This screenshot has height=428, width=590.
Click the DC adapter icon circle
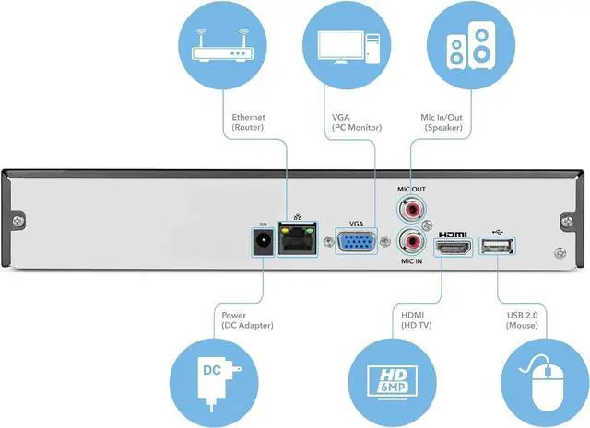pyautogui.click(x=214, y=375)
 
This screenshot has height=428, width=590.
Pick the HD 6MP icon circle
pyautogui.click(x=395, y=375)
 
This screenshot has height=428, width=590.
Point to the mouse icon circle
pyautogui.click(x=543, y=375)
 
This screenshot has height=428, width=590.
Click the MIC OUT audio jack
pyautogui.click(x=414, y=210)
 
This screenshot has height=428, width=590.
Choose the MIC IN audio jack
pyautogui.click(x=414, y=244)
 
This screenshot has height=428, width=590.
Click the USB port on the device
pyautogui.click(x=499, y=248)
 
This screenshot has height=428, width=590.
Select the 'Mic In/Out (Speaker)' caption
pyautogui.click(x=444, y=122)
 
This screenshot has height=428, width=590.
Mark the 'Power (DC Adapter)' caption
pyautogui.click(x=248, y=320)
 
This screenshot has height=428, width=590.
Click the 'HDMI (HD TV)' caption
pyautogui.click(x=416, y=320)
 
